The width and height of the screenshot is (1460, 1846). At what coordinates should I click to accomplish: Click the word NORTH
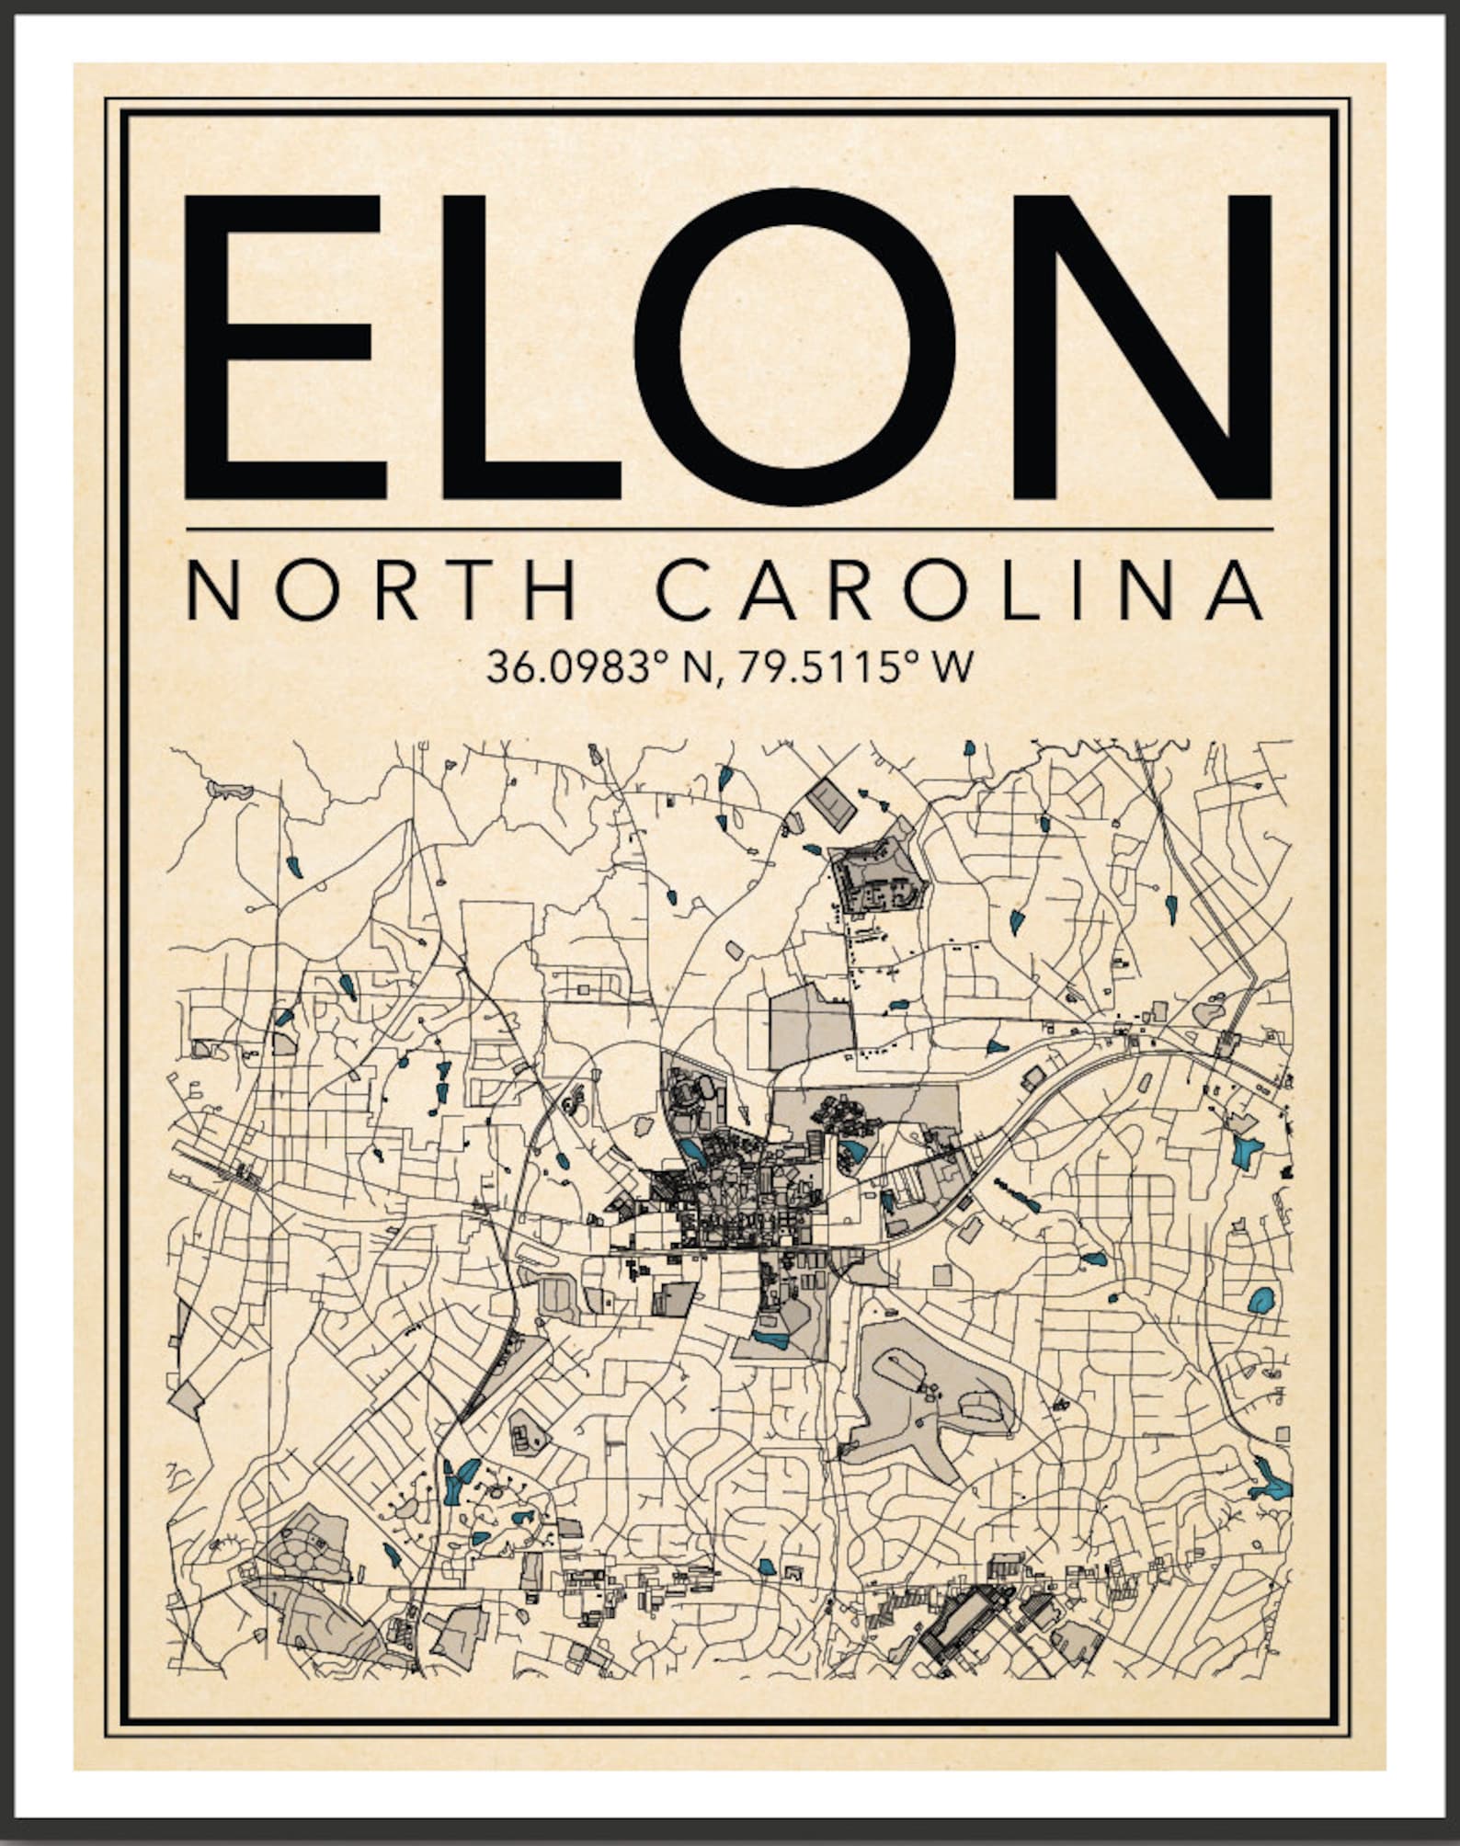382,592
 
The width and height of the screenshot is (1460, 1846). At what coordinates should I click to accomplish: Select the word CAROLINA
961,592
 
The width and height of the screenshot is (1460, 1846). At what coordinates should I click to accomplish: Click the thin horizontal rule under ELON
729,530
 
